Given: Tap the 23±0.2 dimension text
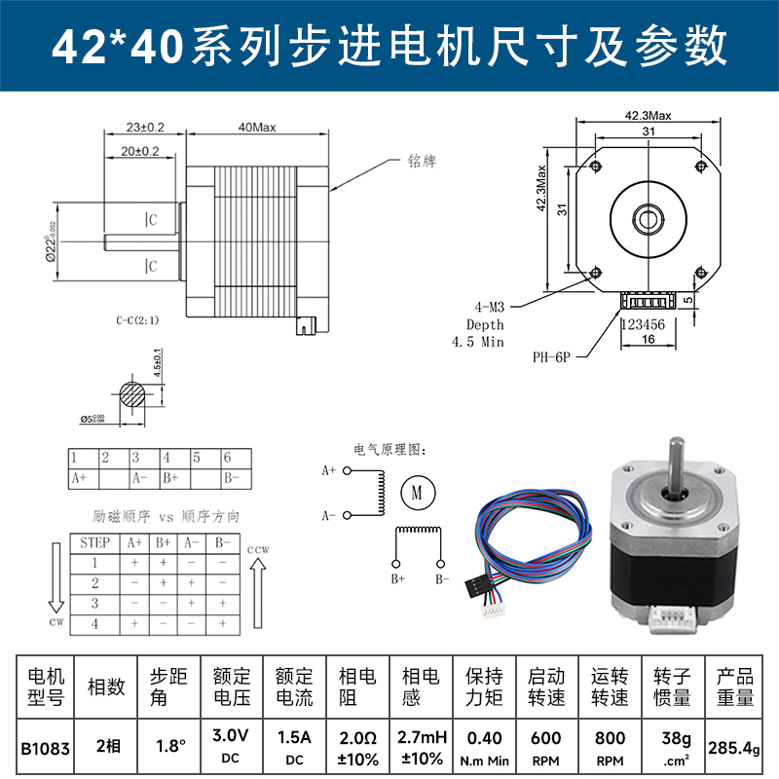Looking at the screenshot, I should (144, 128).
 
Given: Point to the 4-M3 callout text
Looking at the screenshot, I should (485, 306).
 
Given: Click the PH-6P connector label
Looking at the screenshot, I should (552, 357).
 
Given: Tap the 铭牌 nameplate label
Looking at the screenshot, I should (423, 162).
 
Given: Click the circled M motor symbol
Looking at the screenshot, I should (416, 493).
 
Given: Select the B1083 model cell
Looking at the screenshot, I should (45, 747).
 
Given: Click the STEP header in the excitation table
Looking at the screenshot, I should (94, 542).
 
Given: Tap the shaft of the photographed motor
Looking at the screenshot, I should (673, 462).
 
